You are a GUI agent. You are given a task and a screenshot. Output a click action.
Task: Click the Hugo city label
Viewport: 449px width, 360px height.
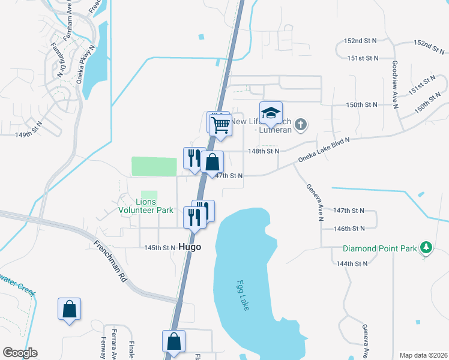[189, 247]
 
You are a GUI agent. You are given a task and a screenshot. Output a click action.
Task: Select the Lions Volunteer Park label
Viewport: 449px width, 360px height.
[146, 206]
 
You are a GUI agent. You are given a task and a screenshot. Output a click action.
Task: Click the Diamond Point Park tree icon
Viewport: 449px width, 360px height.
[426, 247]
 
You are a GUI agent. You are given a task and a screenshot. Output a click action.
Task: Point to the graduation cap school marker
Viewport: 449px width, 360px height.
[271, 113]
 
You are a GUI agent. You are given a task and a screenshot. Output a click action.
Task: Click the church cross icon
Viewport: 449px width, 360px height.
[301, 125]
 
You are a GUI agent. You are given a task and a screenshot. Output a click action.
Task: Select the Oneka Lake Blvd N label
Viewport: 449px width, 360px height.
[324, 149]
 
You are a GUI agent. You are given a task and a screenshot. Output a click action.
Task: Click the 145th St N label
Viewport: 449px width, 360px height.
[160, 247]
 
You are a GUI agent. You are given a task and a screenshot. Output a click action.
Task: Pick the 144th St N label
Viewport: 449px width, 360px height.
[351, 263]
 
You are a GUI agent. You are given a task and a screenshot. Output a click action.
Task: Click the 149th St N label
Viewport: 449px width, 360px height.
[31, 134]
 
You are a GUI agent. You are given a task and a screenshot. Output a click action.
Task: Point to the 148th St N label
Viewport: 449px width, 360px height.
[264, 151]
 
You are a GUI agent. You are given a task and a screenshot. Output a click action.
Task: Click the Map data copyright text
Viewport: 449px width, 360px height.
[423, 355]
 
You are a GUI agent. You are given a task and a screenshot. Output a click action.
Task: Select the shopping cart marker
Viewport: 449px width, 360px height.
[221, 125]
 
